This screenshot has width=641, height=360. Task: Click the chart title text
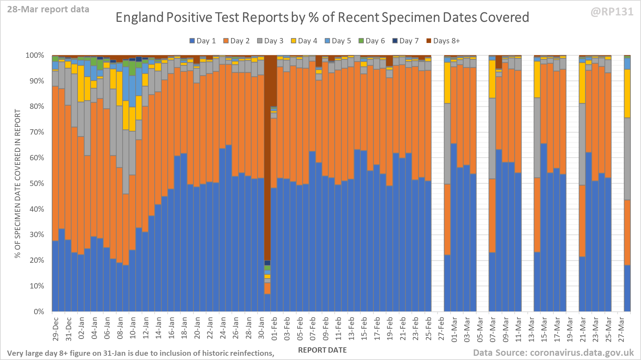pos(322,17)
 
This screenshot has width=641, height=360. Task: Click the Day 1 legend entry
pos(203,41)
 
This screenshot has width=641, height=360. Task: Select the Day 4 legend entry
pos(304,41)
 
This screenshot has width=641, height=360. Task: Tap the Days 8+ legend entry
pos(443,41)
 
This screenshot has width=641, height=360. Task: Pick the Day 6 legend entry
pos(372,41)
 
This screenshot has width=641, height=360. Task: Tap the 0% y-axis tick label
pos(39,312)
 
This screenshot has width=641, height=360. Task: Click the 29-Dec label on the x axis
pos(56,329)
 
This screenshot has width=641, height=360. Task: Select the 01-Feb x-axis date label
pos(274,329)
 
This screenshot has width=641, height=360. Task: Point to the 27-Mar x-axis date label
pos(621,329)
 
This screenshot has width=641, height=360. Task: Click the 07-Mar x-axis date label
pos(493,329)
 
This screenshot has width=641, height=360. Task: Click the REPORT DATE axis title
pos(322,350)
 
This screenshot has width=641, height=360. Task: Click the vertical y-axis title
pos(18,184)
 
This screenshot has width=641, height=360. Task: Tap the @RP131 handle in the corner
pos(612,12)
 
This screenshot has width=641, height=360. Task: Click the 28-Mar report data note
pos(48,10)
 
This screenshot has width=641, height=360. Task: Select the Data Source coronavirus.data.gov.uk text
pos(553,353)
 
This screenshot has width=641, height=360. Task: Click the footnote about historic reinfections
pos(141,353)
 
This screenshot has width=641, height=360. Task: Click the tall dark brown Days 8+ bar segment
pos(267,159)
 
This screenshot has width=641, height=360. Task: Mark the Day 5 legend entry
pos(338,41)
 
